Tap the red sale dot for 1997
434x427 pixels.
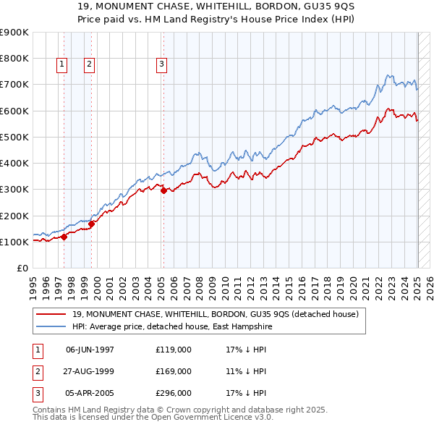[x=64, y=236]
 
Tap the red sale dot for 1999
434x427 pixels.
[x=92, y=224]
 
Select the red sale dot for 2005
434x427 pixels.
[x=163, y=191]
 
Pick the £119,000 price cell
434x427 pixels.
[x=174, y=350]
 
